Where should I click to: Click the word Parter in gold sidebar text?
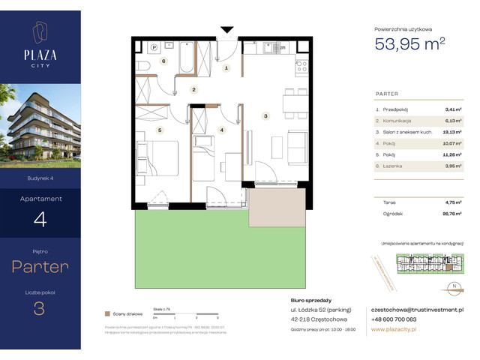click(40, 267)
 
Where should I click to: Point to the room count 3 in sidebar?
click(40, 308)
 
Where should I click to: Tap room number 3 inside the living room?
click(265, 116)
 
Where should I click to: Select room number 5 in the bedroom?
click(159, 129)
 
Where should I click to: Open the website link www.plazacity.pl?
click(394, 329)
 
